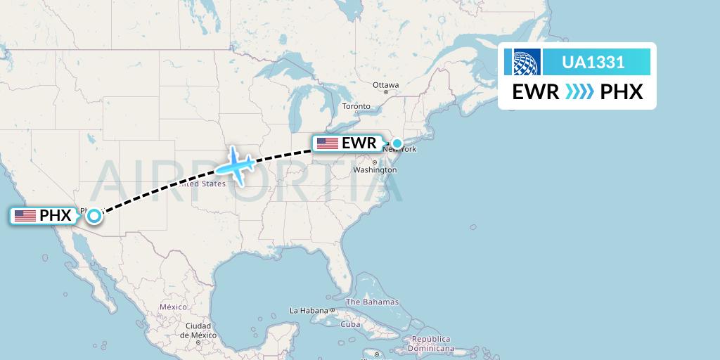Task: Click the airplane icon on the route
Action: [x=236, y=166]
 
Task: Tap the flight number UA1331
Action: [x=593, y=62]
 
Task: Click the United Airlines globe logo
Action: [x=527, y=62]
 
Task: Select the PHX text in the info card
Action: [x=622, y=92]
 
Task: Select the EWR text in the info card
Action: [x=536, y=92]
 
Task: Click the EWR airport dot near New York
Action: [x=397, y=144]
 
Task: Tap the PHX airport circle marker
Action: [x=94, y=216]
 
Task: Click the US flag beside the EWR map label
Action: [x=328, y=143]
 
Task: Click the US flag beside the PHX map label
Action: [x=25, y=216]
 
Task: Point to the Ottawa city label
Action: [x=386, y=85]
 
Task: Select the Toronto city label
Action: [x=356, y=107]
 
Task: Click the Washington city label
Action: [x=375, y=170]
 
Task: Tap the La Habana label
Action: [x=309, y=310]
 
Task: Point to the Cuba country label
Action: [x=350, y=324]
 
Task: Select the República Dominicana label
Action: [x=431, y=343]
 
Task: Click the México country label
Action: [x=173, y=307]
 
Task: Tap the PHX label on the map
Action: [x=56, y=216]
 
